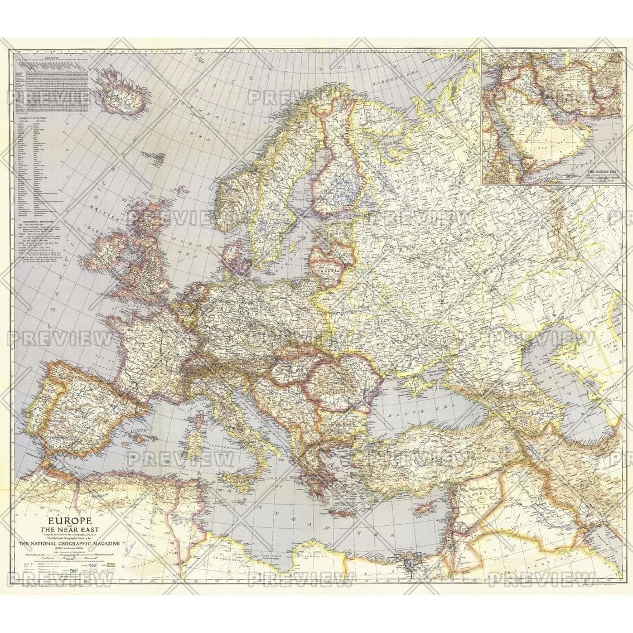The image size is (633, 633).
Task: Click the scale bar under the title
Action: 61,557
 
